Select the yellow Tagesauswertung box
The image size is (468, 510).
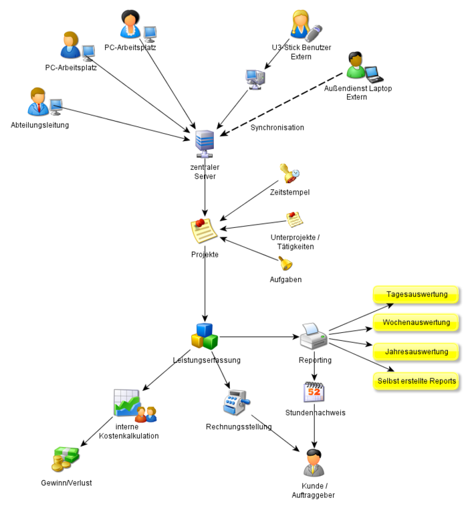pos(416,294)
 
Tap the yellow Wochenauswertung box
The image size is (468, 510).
pos(416,323)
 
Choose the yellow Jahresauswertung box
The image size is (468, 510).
pos(416,352)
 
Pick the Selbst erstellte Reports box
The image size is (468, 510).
pos(416,381)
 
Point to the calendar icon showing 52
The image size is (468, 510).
pos(314,392)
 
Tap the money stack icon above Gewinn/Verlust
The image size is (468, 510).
pos(65,459)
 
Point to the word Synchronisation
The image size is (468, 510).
pos(277,128)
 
